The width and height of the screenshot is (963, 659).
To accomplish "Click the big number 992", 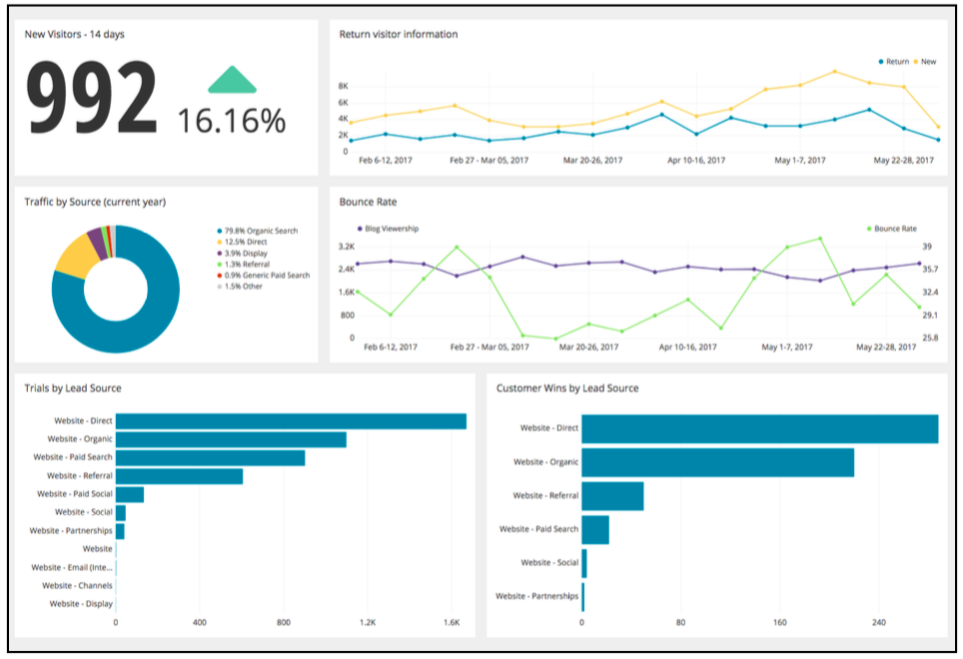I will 92,96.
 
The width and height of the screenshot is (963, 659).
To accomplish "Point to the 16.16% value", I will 232,121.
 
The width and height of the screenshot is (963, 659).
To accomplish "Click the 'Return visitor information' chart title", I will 399,34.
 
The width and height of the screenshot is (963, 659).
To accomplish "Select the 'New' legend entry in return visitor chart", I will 924,62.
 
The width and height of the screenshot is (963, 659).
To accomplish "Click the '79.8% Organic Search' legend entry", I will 257,231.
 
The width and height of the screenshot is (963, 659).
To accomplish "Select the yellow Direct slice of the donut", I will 74,257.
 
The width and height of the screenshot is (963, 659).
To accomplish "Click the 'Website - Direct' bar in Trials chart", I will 291,421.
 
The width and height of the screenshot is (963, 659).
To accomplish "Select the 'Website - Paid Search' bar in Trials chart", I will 210,457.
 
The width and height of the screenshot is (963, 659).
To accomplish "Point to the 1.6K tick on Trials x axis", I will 452,623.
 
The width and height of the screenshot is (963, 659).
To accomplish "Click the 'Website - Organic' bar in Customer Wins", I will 717,462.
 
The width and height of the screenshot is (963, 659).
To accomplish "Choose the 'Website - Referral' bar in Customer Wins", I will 612,496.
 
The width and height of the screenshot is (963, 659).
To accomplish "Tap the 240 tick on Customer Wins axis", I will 878,623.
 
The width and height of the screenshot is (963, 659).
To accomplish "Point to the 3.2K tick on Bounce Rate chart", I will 347,246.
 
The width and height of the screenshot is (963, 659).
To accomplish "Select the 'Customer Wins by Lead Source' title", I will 567,388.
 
